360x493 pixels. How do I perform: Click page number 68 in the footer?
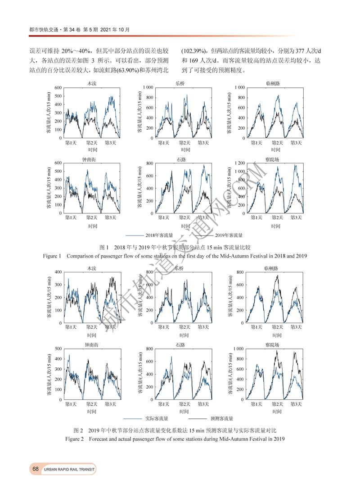pyautogui.click(x=36, y=469)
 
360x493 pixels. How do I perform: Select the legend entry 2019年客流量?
pyautogui.click(x=229, y=235)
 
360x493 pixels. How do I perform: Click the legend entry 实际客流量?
pyautogui.click(x=156, y=419)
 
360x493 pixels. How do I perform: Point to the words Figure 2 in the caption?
pyautogui.click(x=75, y=439)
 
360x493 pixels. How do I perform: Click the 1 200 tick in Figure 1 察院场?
pyautogui.click(x=241, y=163)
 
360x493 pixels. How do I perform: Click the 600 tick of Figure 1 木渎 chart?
pyautogui.click(x=58, y=88)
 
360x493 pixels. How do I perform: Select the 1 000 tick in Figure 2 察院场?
pyautogui.click(x=238, y=349)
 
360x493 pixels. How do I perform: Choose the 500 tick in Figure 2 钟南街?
pyautogui.click(x=58, y=349)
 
